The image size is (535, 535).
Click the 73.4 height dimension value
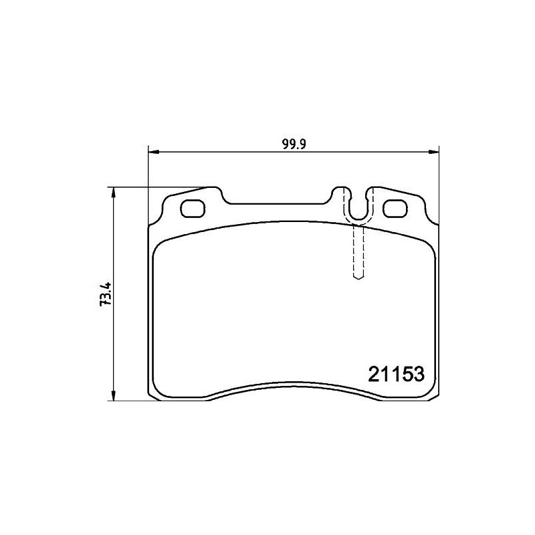(104, 294)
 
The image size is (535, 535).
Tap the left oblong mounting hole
(195, 209)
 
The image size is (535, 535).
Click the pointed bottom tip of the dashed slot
(358, 280)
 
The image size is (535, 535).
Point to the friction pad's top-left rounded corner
(161, 247)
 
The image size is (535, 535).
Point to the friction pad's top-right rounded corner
(427, 247)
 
